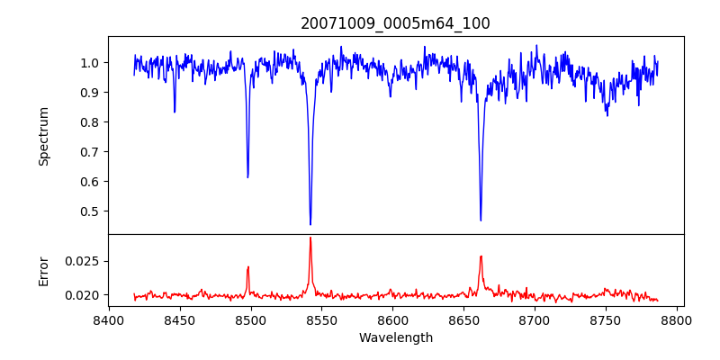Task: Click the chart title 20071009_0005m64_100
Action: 395,23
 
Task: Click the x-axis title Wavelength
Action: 395,337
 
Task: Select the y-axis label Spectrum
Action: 44,136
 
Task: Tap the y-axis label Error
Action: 44,271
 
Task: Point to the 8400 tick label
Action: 108,319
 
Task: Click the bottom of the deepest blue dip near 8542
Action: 310,224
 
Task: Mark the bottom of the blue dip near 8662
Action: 481,220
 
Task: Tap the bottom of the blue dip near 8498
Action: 247,176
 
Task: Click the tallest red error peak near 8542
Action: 310,238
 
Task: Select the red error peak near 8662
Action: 481,256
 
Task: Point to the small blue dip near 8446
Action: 175,112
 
